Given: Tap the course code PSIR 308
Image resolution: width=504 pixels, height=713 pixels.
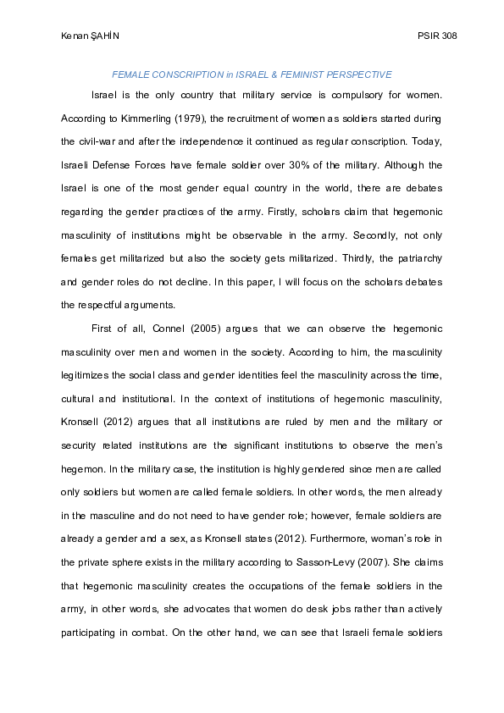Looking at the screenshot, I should pyautogui.click(x=437, y=36).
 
